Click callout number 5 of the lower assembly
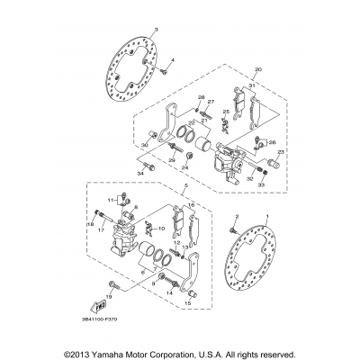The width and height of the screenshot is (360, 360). click(184, 188)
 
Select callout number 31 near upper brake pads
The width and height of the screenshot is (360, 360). click(253, 85)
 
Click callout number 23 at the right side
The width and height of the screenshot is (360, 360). click(281, 152)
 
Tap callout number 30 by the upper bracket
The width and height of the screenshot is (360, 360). click(142, 145)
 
